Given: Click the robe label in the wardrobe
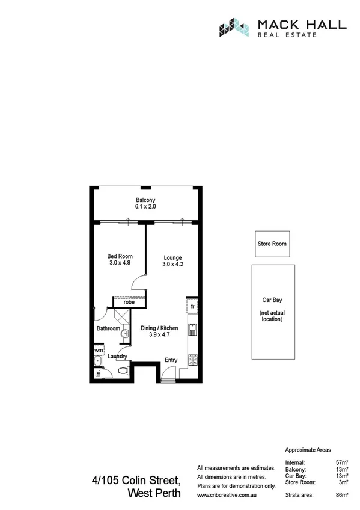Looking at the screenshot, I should [x=129, y=302].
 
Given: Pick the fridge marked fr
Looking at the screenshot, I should [x=192, y=307].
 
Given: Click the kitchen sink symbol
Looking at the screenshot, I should [x=192, y=330].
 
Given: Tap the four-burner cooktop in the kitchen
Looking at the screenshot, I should [x=192, y=360].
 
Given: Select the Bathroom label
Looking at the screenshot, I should [x=109, y=328].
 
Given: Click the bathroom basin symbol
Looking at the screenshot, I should [x=124, y=333].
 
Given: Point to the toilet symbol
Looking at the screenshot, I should [x=124, y=370].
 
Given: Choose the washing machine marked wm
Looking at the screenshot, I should [x=98, y=349].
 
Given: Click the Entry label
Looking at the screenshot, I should [x=171, y=360].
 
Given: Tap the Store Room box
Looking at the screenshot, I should [x=272, y=244].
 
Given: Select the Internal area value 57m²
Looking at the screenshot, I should [x=343, y=462].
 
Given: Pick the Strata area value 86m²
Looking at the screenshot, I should [x=343, y=494].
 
